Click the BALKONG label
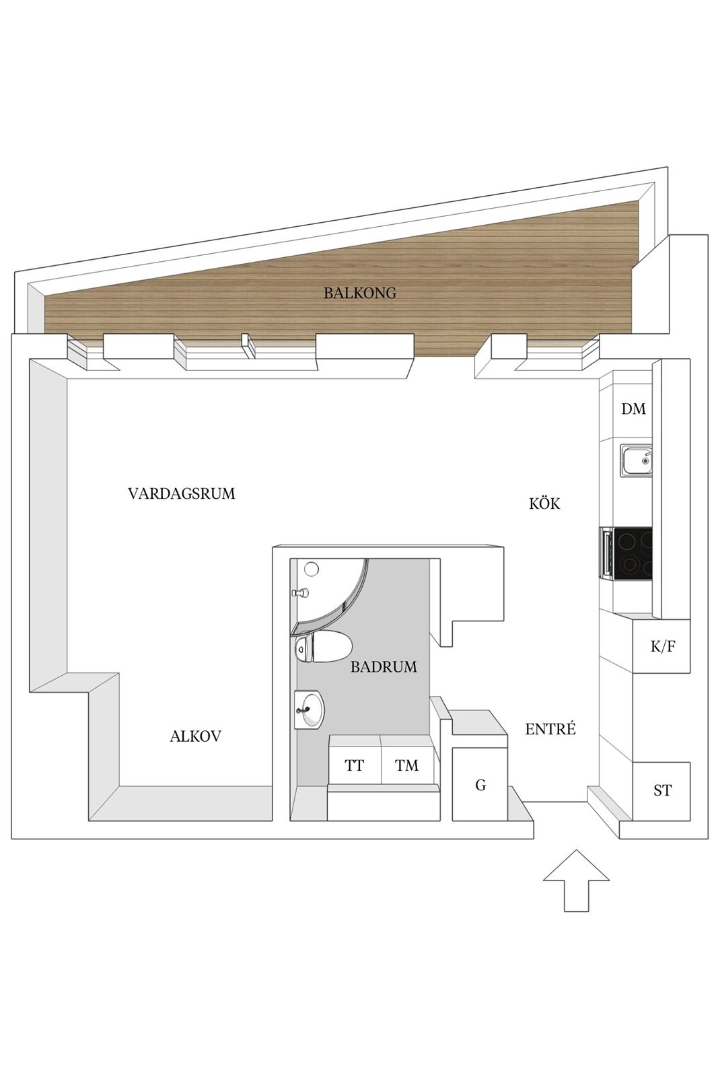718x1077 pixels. click(x=359, y=293)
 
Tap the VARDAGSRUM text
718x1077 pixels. click(x=182, y=493)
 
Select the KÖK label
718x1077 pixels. click(x=544, y=503)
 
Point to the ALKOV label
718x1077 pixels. click(x=195, y=736)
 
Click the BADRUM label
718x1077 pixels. click(x=384, y=666)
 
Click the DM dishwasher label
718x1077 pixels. click(x=633, y=409)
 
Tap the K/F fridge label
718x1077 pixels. click(x=663, y=646)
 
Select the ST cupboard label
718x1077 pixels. click(x=662, y=790)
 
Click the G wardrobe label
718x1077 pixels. click(x=480, y=785)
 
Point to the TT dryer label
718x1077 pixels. click(x=354, y=765)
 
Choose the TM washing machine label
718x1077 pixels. click(x=406, y=765)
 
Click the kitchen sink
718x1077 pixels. click(x=636, y=460)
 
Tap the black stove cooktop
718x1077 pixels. click(x=626, y=553)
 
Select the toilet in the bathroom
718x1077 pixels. click(x=322, y=647)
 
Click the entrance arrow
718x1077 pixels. click(x=576, y=881)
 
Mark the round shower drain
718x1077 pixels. click(x=312, y=569)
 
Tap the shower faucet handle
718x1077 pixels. click(x=300, y=593)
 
